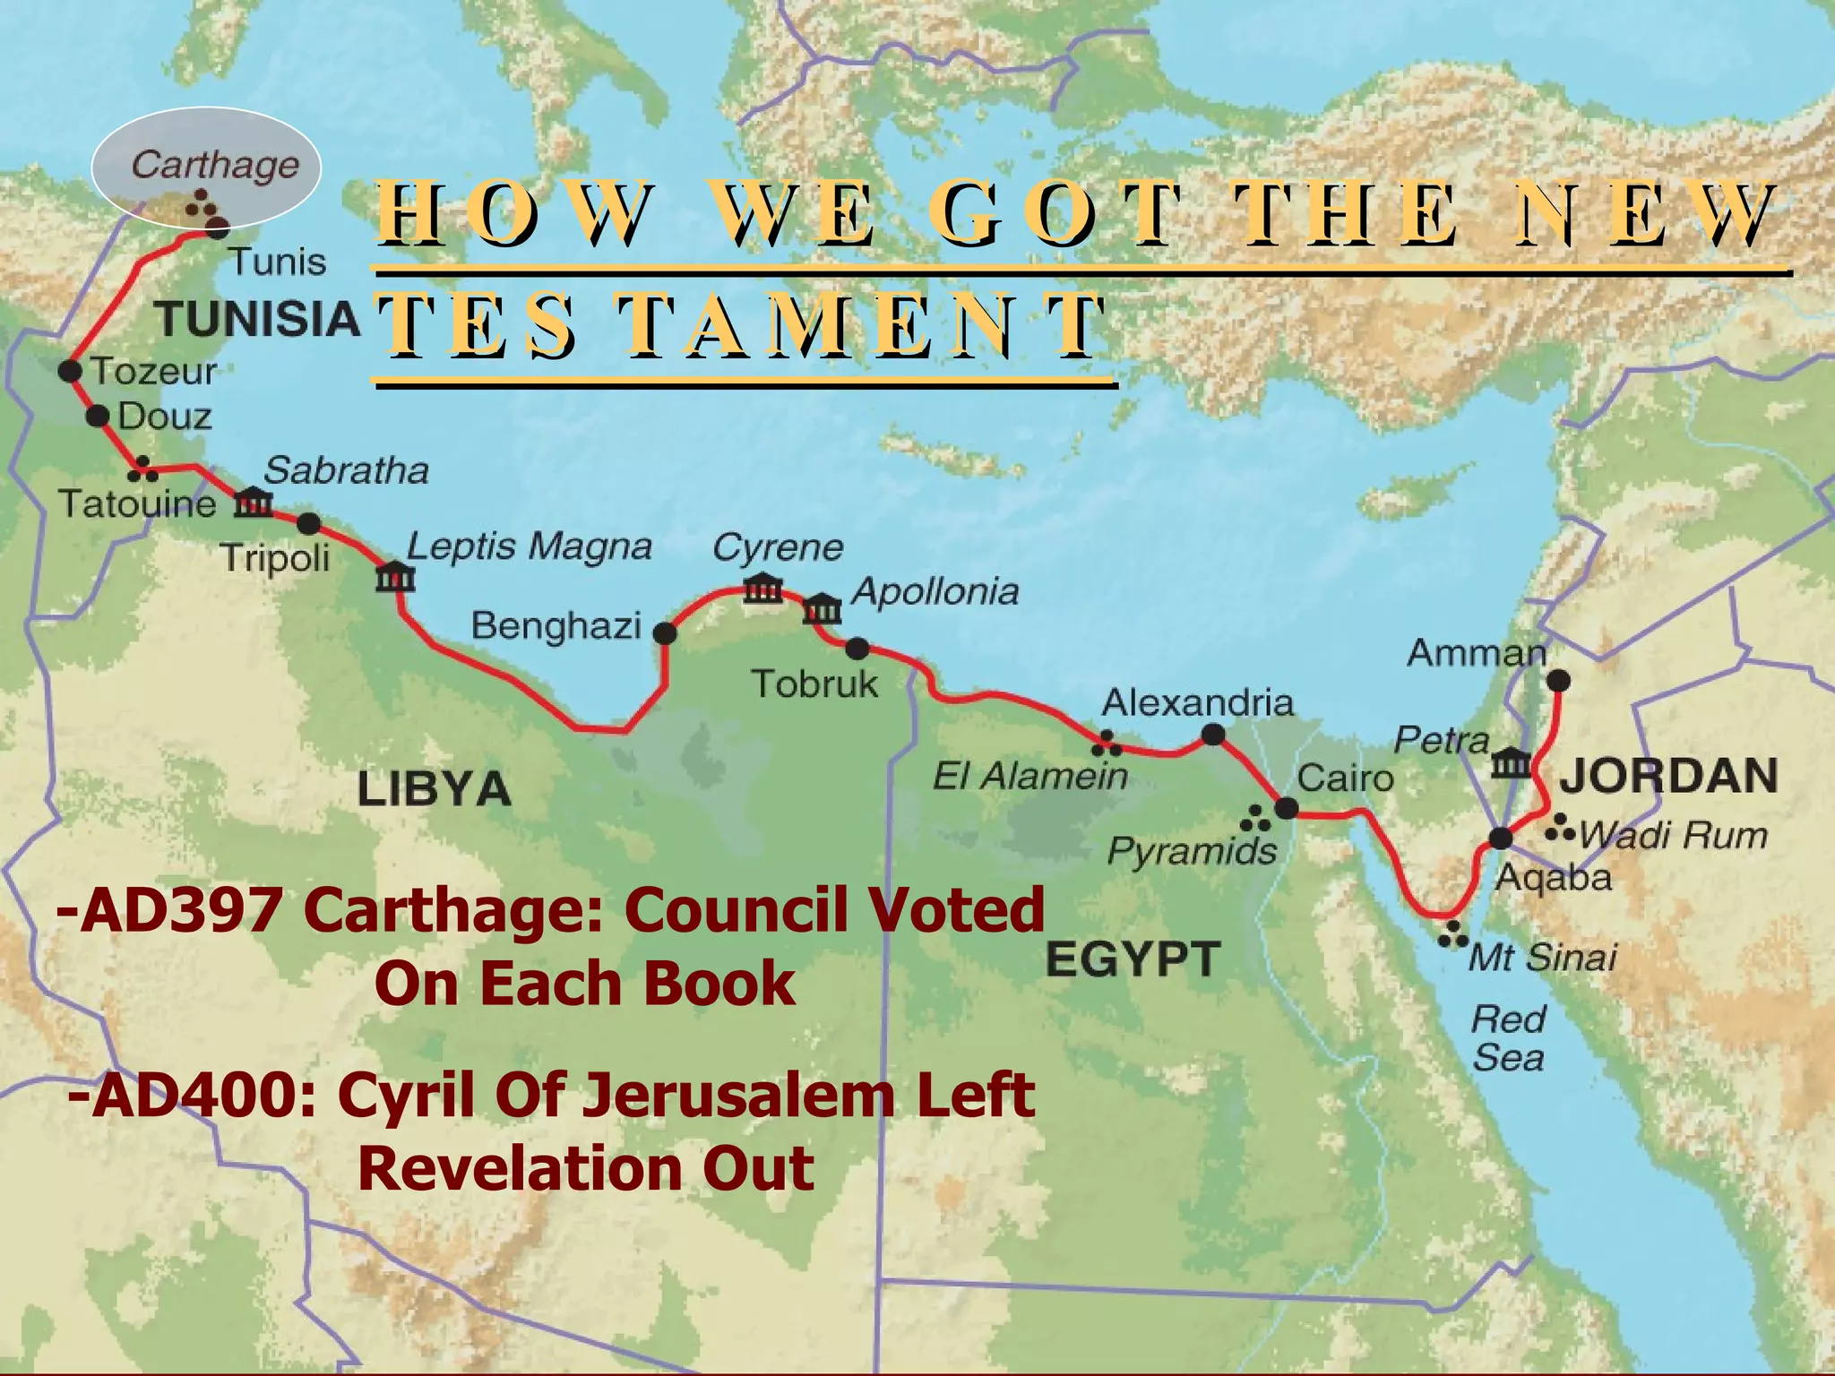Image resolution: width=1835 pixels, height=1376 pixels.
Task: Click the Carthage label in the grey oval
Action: pos(215,165)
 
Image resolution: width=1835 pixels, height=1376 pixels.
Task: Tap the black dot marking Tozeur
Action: pos(70,371)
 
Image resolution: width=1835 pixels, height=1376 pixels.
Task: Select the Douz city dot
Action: pos(98,416)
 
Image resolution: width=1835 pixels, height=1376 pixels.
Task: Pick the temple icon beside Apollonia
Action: pos(822,609)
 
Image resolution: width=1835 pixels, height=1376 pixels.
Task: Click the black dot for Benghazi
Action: pos(664,634)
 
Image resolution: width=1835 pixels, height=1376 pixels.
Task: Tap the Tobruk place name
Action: pos(814,684)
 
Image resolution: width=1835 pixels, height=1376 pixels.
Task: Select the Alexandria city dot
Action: pos(1212,735)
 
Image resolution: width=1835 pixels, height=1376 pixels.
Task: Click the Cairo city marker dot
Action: pos(1286,808)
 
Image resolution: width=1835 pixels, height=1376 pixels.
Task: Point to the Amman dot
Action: pos(1559,681)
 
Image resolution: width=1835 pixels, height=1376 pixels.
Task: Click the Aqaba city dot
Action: pos(1501,838)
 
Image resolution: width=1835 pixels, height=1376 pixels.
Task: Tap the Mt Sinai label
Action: pos(1543,958)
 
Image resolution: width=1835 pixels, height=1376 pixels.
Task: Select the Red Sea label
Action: pos(1509,1039)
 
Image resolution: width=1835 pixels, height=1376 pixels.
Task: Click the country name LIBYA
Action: pos(434,789)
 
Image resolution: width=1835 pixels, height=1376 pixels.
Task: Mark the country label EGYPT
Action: pos(1133,959)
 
